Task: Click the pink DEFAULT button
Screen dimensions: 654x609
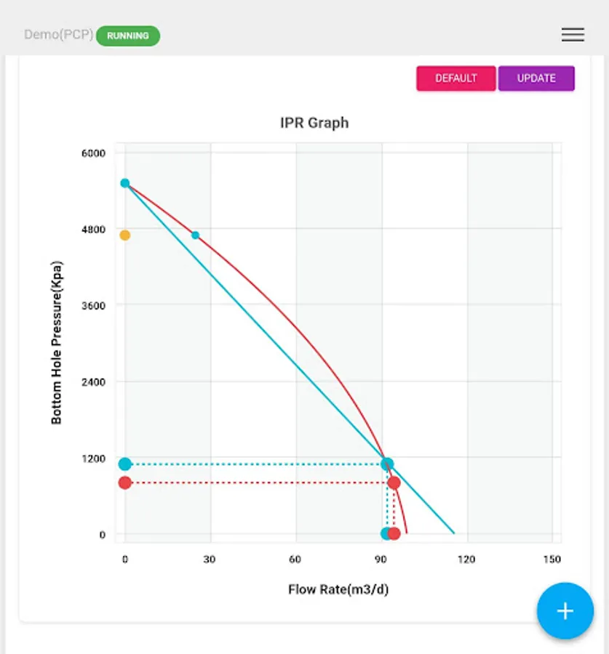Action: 456,78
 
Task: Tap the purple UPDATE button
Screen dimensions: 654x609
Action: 536,78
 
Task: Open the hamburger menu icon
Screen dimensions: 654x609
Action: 573,35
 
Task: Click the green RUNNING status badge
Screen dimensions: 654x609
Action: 128,36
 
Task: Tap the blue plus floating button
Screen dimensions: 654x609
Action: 565,611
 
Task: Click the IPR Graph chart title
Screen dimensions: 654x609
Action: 314,123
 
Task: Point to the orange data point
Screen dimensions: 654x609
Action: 125,235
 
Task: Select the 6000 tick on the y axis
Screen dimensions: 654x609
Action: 93,153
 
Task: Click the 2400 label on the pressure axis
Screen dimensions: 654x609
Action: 93,382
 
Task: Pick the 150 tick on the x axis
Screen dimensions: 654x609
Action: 552,560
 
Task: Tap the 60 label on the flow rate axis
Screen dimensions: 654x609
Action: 295,560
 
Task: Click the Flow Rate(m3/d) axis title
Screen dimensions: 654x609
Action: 338,589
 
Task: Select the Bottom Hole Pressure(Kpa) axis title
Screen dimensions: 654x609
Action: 57,342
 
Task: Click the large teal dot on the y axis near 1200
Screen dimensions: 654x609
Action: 125,464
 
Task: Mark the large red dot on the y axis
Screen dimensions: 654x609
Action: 125,483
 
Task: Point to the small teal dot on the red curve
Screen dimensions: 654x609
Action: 195,235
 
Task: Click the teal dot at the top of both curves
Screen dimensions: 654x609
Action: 125,183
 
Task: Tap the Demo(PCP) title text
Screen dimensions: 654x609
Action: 58,35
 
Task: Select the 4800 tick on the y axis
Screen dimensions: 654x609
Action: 93,230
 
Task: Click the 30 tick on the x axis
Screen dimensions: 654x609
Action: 210,560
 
